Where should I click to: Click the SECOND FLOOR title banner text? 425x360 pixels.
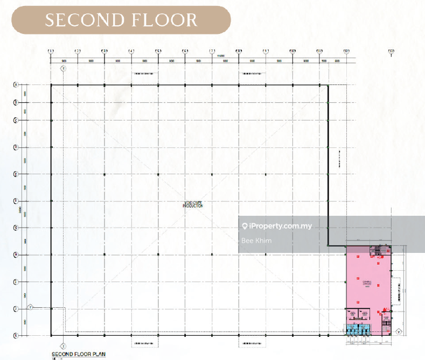coord(121,20)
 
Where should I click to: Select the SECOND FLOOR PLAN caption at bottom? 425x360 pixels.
coord(78,354)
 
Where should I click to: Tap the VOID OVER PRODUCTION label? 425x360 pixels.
coord(192,204)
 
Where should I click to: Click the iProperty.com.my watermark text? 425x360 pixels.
coord(281,227)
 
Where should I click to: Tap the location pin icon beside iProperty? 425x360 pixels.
coord(245,227)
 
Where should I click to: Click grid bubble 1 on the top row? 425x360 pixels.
coord(51,51)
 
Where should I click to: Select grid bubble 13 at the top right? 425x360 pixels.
coord(391,51)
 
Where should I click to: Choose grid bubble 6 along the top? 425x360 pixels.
coord(185,51)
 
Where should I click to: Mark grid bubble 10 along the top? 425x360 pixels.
coord(293,51)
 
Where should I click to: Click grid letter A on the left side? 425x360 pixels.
coord(16,85)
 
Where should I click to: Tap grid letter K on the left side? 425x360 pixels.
coord(16,335)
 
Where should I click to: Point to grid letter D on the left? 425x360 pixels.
coord(16,147)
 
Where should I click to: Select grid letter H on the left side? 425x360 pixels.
coord(16,255)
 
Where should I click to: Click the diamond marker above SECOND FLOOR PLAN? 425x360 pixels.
coord(64,345)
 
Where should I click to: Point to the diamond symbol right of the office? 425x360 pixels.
coord(399,331)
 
